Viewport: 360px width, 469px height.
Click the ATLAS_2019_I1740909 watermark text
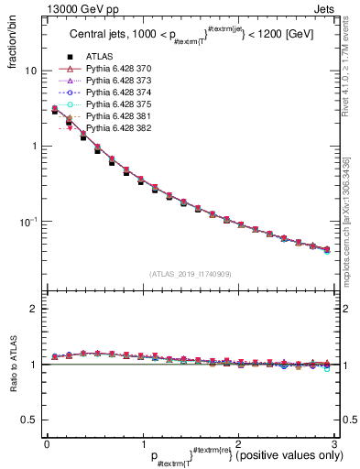(191, 273)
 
